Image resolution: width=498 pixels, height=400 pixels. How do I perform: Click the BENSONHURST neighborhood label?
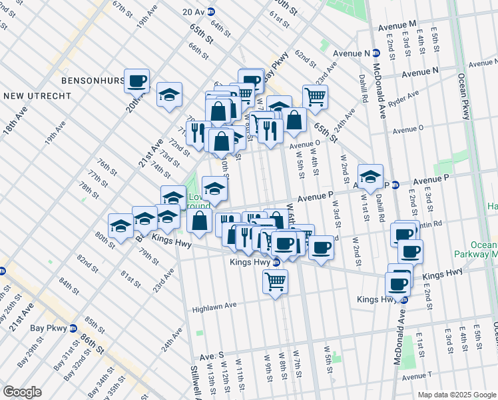93,80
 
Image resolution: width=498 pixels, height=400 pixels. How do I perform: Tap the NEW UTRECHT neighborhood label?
37,96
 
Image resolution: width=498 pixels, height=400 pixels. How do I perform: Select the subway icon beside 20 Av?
212,12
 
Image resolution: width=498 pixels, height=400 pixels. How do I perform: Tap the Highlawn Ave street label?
214,307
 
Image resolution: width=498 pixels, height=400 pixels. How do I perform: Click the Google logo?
22,392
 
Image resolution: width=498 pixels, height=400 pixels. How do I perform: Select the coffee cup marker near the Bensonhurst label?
136,81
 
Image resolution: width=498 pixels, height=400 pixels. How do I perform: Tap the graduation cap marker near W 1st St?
370,176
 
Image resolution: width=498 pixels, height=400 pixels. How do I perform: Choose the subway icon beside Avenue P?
395,185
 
